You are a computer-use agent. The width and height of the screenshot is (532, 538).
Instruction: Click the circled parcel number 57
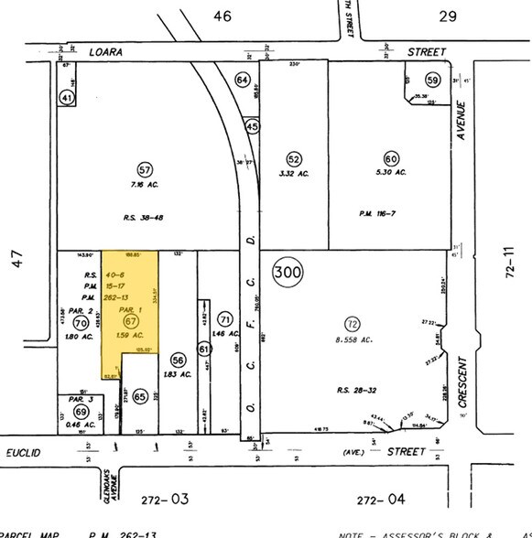coord(145,170)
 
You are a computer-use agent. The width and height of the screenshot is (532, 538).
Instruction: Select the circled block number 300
coord(288,272)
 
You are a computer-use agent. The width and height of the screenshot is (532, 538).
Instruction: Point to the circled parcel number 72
coord(351,323)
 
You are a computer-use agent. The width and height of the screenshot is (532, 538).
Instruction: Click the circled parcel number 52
coord(293,158)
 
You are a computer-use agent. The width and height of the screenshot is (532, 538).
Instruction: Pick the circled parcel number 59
coord(432,81)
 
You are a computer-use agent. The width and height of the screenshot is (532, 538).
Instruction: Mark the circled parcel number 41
coord(67,96)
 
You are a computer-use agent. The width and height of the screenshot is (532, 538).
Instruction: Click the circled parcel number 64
coord(243,81)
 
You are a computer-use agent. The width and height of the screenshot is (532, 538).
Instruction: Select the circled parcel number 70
coord(80,322)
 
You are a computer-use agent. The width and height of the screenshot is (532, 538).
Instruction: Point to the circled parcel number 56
coord(179,360)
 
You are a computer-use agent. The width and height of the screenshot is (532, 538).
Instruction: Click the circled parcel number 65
coord(140,396)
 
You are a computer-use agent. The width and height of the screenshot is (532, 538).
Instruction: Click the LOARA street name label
coord(104,53)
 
